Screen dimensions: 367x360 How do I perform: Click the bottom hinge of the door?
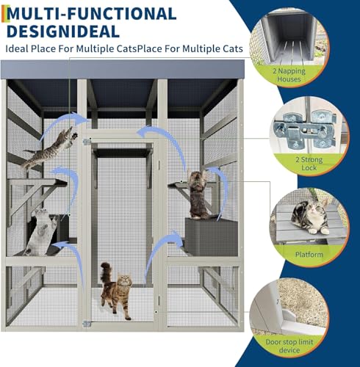(x=87, y=323)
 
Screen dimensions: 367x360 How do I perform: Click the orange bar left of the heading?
(x=4, y=21)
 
